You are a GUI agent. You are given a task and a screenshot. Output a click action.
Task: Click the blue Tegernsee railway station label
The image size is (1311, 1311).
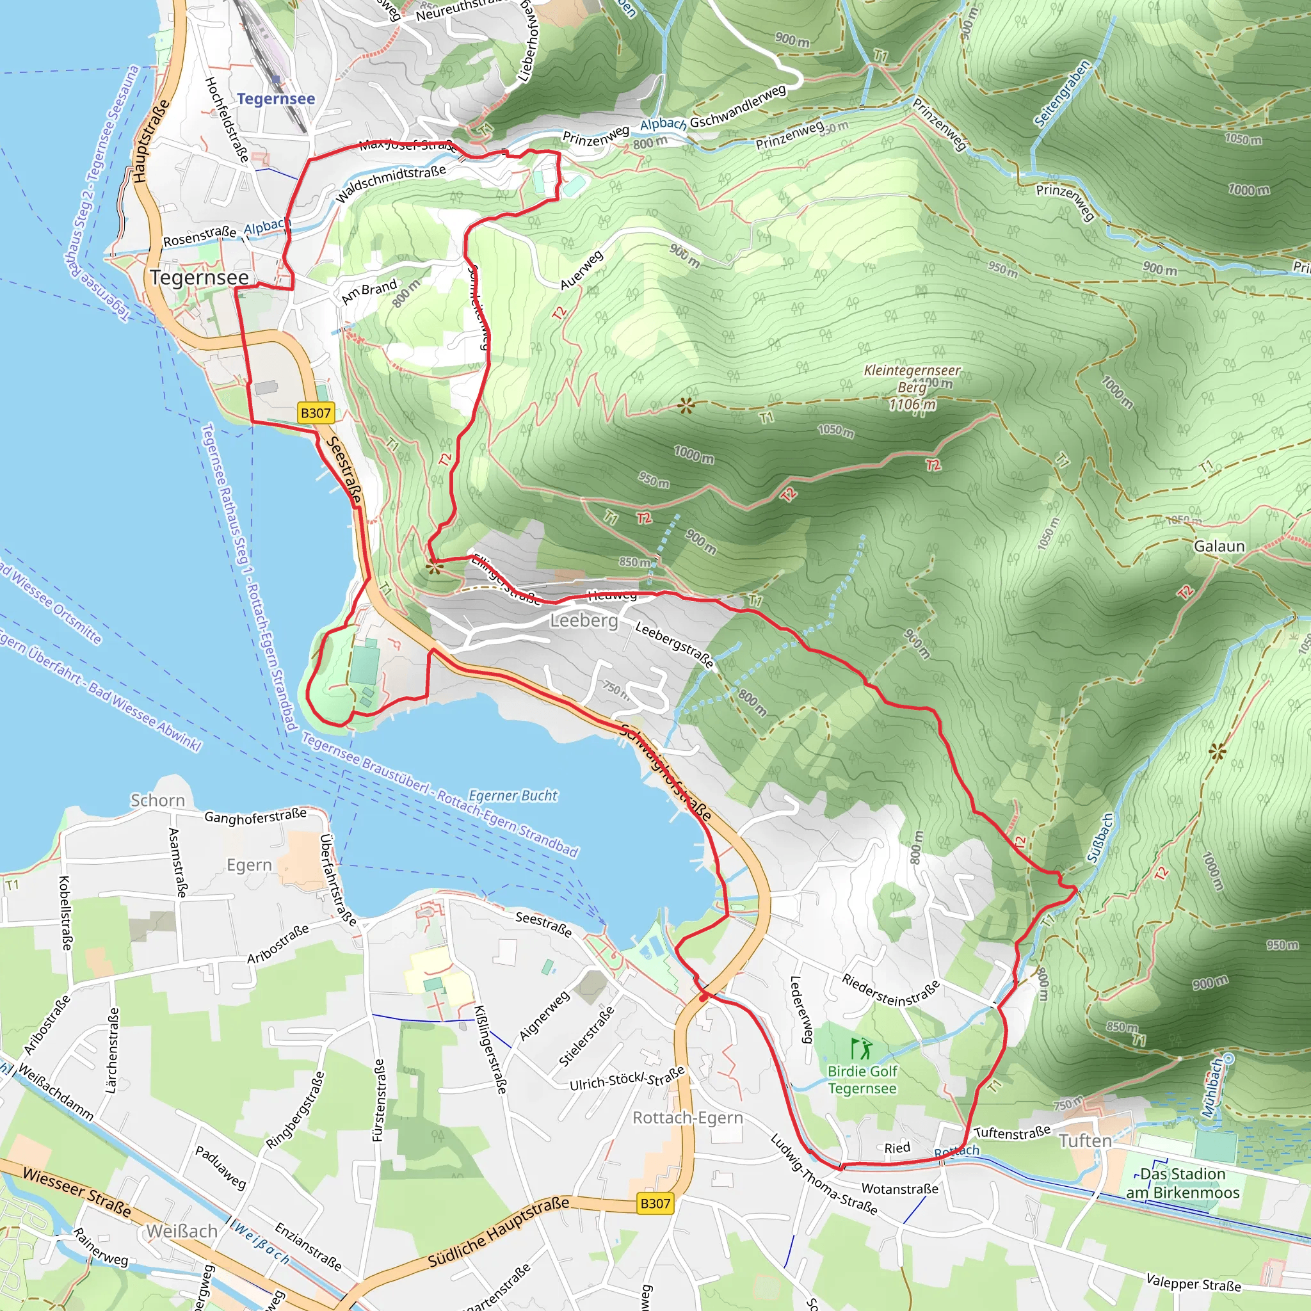tap(275, 99)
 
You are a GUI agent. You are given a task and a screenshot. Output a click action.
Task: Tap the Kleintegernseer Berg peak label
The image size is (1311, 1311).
tap(912, 387)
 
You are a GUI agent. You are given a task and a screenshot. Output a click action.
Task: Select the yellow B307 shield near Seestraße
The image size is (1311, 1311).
tap(316, 413)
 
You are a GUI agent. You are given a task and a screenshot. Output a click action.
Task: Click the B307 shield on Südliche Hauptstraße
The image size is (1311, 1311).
tap(655, 1203)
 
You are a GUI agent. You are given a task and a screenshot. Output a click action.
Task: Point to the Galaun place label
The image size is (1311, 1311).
tap(1219, 546)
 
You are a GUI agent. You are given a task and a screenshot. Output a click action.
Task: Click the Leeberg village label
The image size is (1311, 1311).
tap(584, 620)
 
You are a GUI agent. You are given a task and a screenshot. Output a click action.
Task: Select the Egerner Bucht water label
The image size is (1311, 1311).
tap(513, 795)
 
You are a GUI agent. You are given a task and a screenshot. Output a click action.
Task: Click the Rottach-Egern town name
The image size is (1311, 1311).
tap(688, 1118)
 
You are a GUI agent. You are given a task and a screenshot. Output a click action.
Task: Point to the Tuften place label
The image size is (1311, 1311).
tap(1085, 1141)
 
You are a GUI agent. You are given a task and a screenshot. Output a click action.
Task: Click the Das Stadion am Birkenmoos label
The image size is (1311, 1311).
tap(1182, 1184)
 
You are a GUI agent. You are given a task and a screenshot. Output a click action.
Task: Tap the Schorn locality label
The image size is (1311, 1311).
tap(157, 801)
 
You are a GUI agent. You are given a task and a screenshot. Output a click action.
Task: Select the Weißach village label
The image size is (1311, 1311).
tap(182, 1231)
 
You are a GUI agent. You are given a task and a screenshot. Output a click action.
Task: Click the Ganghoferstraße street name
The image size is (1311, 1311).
tap(255, 816)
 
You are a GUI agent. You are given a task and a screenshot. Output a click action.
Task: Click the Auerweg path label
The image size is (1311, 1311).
tap(581, 270)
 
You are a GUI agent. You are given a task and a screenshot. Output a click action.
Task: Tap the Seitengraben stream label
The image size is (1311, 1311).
tap(1062, 93)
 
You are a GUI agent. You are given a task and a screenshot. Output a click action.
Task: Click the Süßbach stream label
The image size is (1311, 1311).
tap(1100, 838)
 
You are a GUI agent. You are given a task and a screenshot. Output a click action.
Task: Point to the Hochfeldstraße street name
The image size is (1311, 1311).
tap(227, 120)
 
